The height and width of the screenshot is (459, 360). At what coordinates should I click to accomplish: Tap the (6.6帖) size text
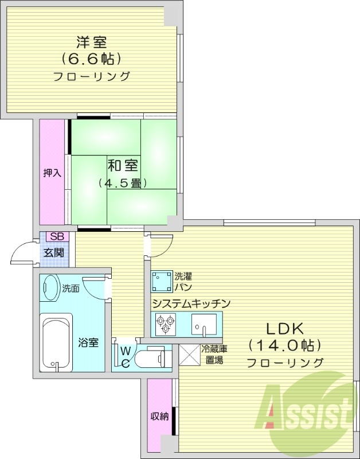[x=92, y=59]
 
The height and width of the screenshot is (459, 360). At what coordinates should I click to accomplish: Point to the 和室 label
[x=122, y=166]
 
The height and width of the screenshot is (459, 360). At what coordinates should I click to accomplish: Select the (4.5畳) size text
[x=122, y=184]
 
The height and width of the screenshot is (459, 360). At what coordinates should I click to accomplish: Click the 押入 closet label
[x=53, y=172]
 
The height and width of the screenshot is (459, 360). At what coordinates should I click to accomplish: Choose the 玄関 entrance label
[x=55, y=252]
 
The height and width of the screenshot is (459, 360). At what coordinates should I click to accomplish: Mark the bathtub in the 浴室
[x=56, y=342]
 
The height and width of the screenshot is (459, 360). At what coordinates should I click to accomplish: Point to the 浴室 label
[x=88, y=343]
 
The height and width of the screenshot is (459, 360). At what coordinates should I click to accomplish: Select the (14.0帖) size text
[x=284, y=345]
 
